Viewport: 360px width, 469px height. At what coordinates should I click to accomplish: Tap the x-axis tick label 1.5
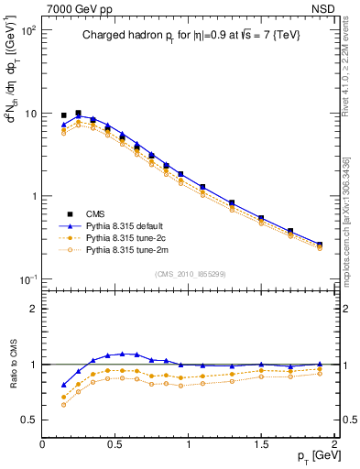[x=261, y=442]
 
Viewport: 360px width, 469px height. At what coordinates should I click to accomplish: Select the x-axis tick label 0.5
[x=115, y=442]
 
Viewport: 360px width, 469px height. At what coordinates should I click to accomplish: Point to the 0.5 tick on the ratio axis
[x=28, y=420]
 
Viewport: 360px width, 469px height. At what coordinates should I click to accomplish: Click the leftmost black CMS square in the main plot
[x=63, y=115]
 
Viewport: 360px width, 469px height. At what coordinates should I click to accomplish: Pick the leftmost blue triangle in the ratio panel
[x=63, y=385]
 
